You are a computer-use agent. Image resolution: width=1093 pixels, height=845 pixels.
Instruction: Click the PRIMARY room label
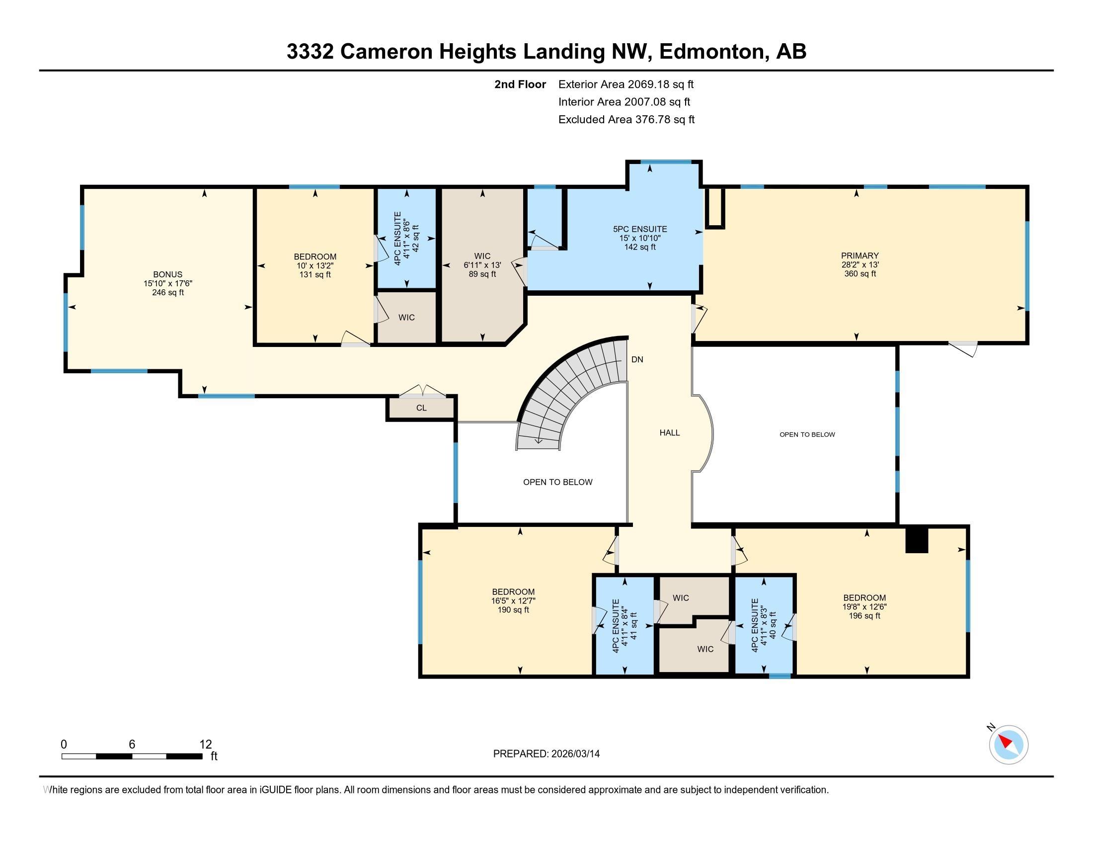click(x=860, y=255)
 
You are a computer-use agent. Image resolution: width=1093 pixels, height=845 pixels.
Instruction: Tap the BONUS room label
click(x=167, y=274)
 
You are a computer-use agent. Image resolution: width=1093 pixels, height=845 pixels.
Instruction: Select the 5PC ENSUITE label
click(x=639, y=229)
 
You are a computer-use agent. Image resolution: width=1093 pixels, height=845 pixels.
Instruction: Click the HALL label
click(x=669, y=432)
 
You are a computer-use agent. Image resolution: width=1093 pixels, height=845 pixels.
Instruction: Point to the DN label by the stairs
click(x=637, y=359)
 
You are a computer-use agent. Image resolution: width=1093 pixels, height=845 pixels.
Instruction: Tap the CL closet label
click(x=421, y=408)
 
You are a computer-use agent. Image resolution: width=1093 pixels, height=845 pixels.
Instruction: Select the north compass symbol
click(x=1009, y=745)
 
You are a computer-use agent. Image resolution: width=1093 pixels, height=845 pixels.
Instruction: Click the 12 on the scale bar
click(x=206, y=744)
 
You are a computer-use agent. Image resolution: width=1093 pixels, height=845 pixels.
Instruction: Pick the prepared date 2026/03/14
click(x=574, y=754)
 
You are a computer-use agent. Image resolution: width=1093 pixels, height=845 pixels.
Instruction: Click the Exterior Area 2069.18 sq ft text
click(x=625, y=84)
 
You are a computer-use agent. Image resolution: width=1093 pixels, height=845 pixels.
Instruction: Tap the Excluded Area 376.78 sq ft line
click(x=626, y=119)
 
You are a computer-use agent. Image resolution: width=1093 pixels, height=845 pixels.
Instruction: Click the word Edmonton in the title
click(x=713, y=52)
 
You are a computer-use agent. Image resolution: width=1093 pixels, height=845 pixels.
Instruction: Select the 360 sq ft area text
click(x=860, y=274)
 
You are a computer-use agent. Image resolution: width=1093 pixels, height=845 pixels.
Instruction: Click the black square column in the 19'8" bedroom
click(x=917, y=541)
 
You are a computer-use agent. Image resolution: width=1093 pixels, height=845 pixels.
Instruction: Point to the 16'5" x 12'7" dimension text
click(x=514, y=601)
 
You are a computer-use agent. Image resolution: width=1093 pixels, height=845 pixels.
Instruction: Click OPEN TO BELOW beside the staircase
click(x=557, y=482)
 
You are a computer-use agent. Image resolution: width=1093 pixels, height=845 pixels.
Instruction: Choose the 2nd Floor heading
click(x=520, y=84)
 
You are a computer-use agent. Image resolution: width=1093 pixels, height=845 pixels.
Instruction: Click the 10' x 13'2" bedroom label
click(x=315, y=266)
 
